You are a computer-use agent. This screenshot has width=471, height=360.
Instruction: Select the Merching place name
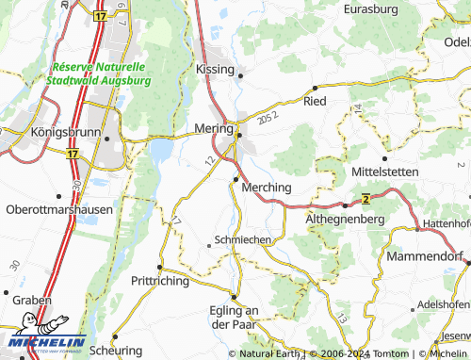267,188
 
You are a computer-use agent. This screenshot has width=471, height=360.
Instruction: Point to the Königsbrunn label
65,133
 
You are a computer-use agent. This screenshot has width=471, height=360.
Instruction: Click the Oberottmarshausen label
58,209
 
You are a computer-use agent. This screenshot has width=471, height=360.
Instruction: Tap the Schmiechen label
243,240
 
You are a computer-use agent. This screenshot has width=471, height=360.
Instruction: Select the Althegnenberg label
346,218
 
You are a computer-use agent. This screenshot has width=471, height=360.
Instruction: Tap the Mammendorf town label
427,256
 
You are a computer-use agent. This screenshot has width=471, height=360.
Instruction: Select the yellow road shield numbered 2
364,198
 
